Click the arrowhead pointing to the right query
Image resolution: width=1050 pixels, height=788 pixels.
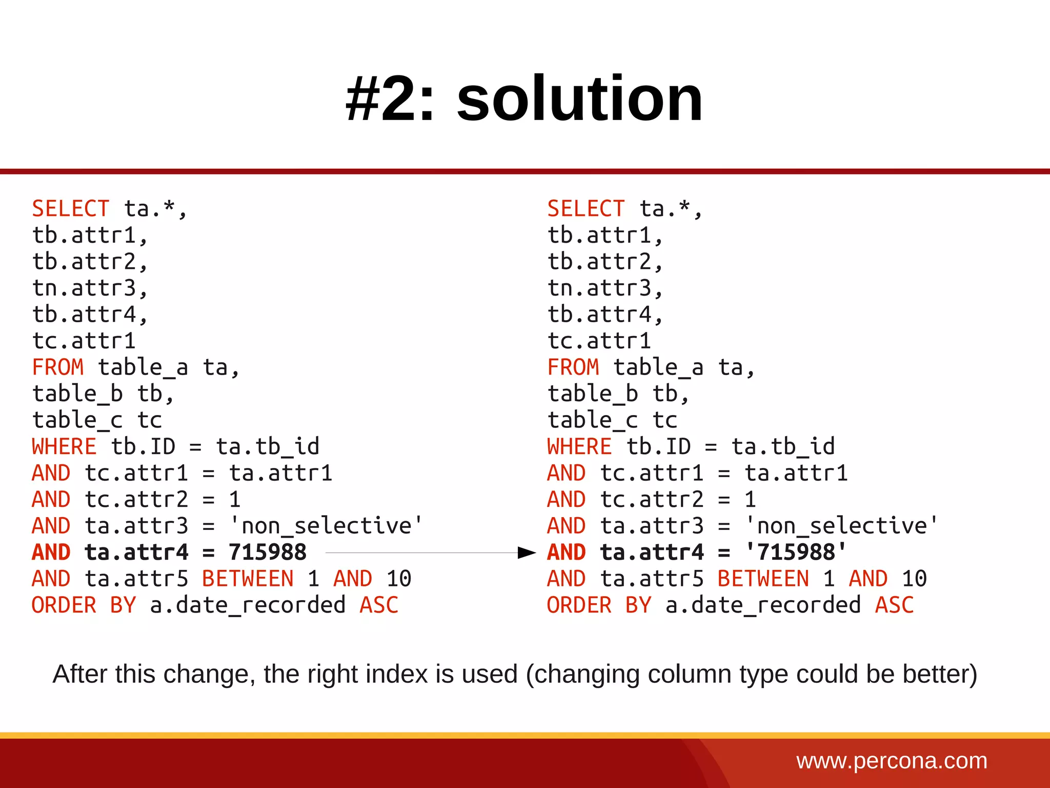tap(527, 553)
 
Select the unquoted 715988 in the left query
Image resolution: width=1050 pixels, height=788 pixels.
tap(268, 553)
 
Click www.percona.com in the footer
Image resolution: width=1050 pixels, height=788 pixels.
tap(892, 760)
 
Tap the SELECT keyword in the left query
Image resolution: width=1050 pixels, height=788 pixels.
tap(70, 209)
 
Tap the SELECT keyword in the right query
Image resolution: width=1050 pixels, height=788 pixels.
tap(585, 209)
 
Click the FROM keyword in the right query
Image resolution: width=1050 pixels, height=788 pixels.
tap(573, 367)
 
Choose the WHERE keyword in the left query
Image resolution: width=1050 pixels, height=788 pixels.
tap(64, 446)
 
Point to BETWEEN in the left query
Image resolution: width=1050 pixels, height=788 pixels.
tap(248, 579)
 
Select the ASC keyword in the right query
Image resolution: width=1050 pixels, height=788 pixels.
tap(894, 605)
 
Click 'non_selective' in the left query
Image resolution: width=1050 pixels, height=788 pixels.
tap(326, 526)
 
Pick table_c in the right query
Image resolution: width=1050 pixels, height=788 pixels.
tap(592, 420)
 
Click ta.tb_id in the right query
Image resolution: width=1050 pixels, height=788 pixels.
tap(783, 446)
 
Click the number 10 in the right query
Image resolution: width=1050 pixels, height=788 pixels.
tap(914, 579)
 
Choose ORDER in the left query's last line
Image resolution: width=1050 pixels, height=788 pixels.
tap(64, 605)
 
